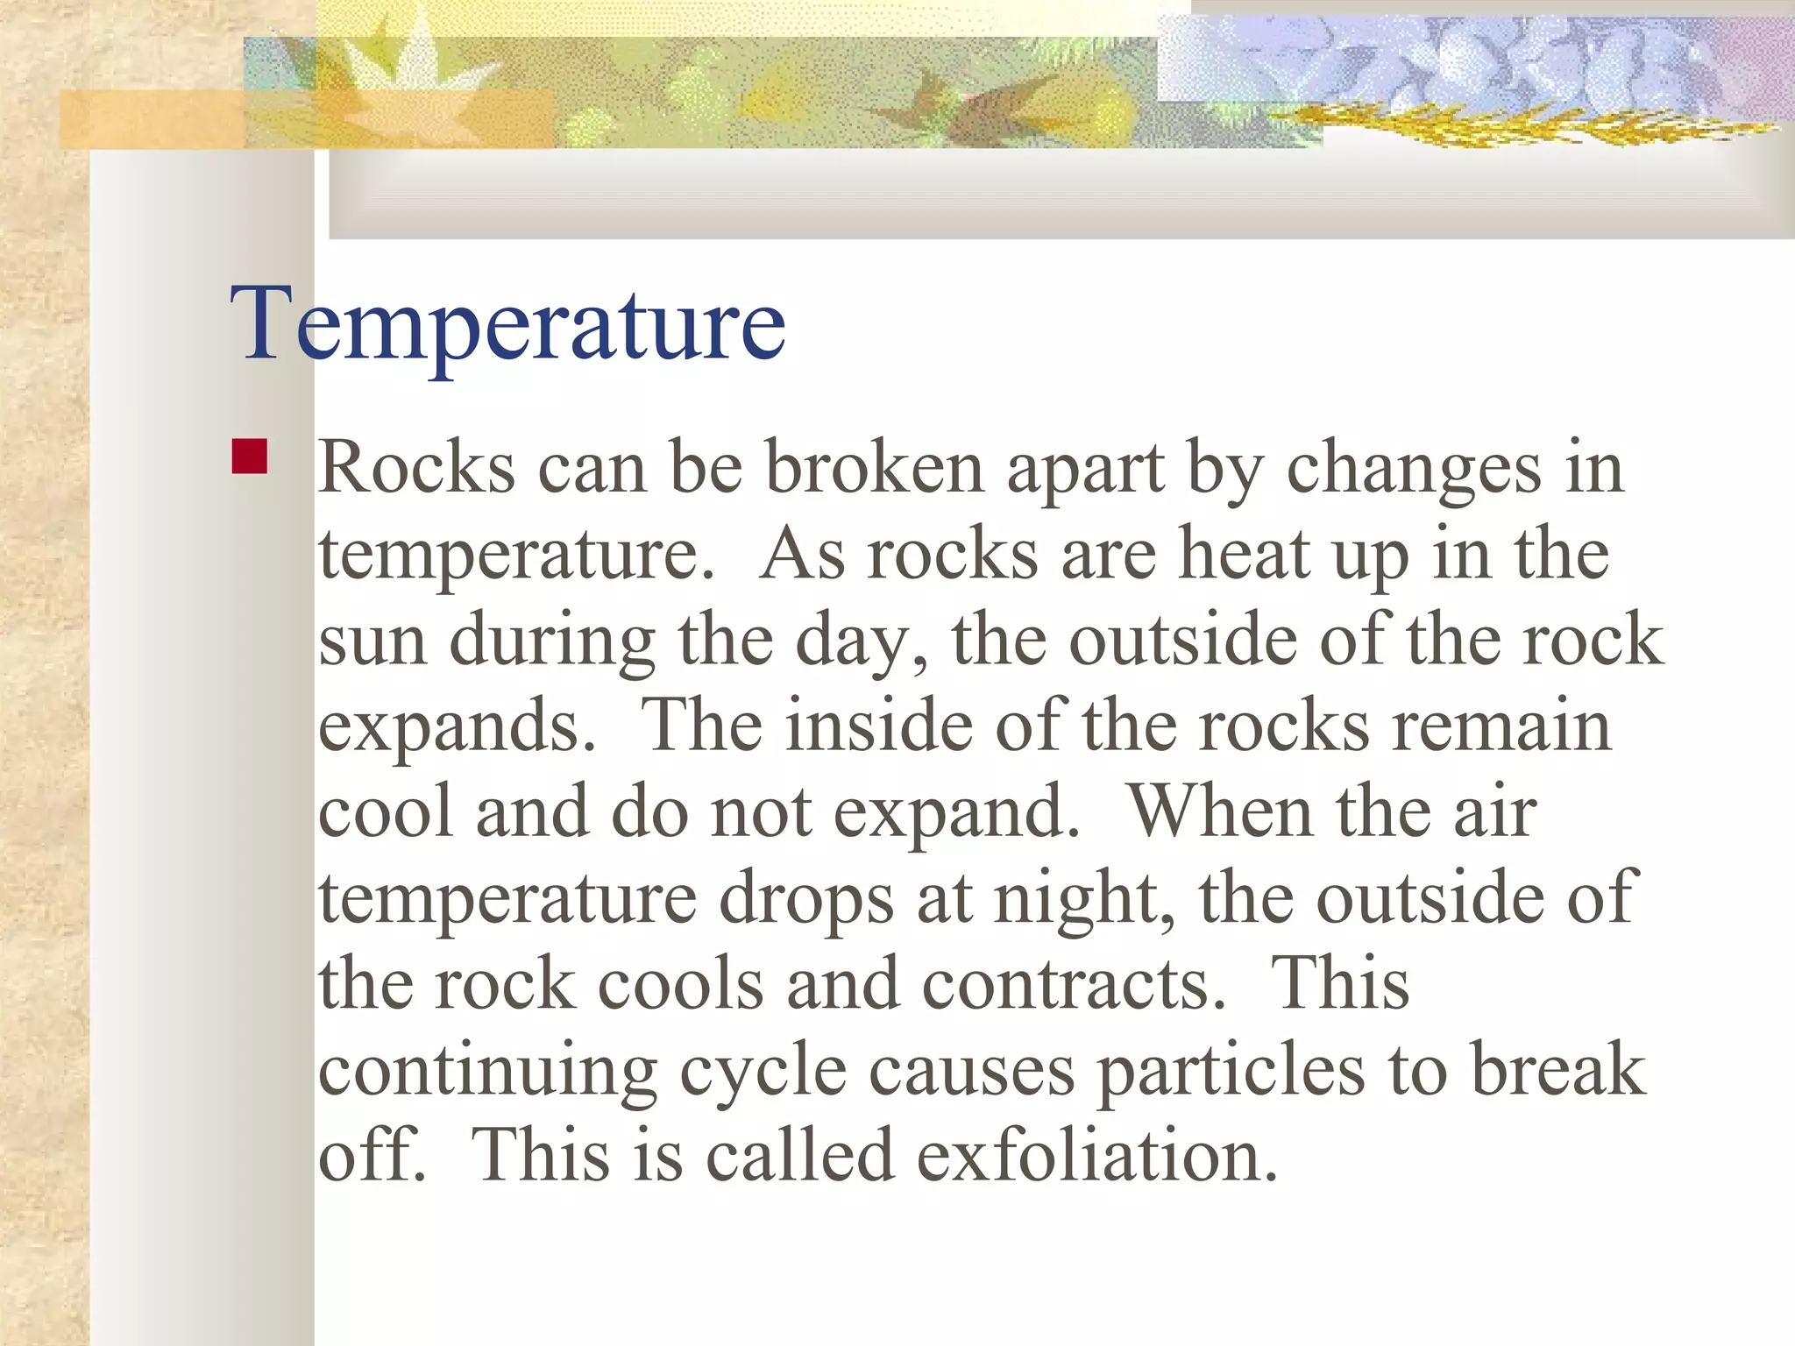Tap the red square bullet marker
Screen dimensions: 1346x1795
pos(250,457)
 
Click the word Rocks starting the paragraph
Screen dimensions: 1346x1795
pos(416,469)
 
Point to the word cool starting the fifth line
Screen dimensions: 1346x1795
pos(386,812)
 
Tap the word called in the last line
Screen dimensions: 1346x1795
pos(799,1155)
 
